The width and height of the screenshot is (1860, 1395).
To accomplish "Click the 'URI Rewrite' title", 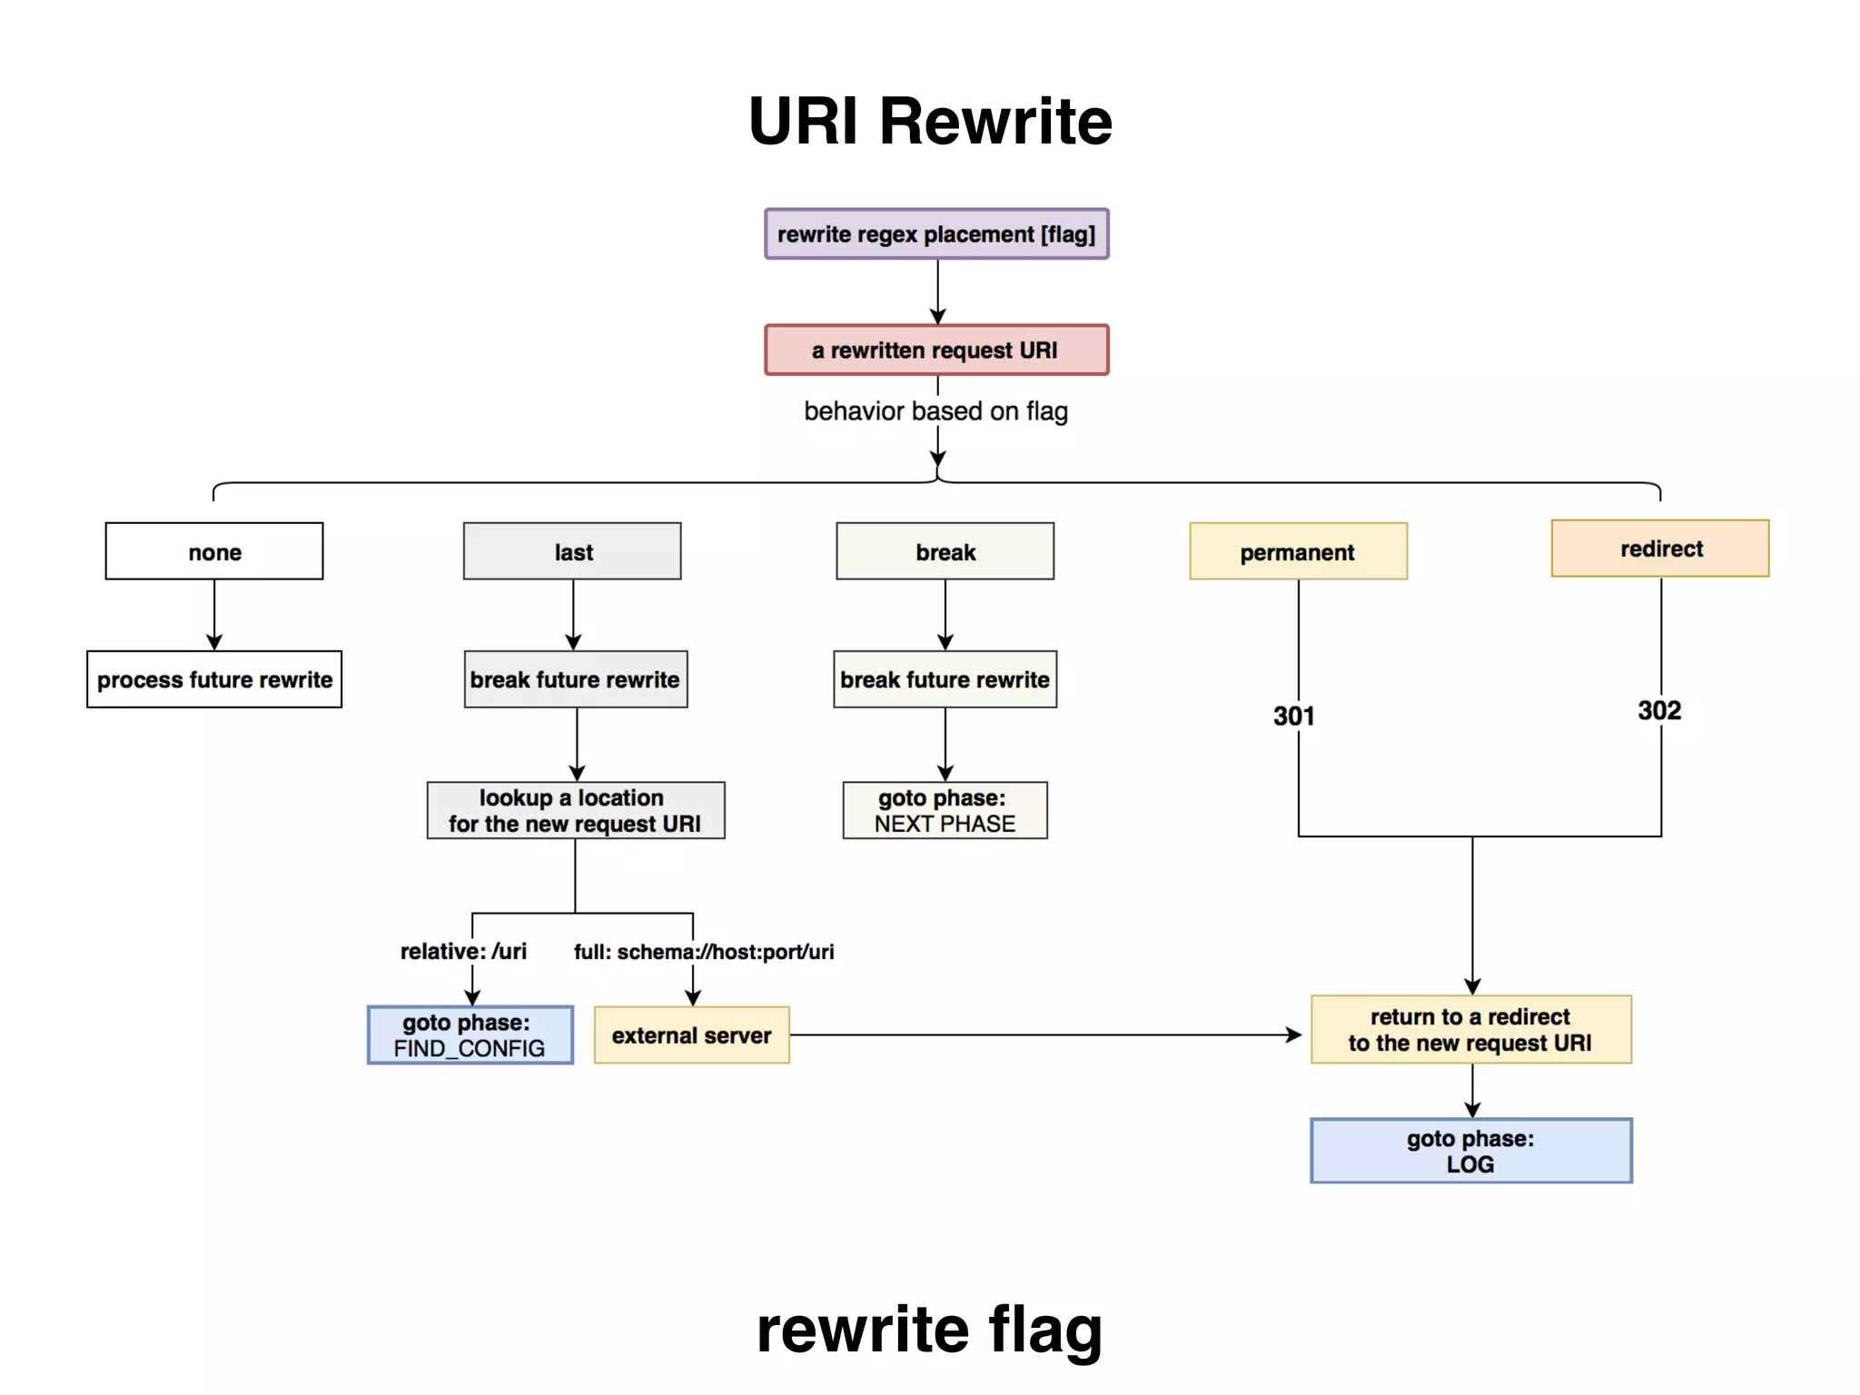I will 930,121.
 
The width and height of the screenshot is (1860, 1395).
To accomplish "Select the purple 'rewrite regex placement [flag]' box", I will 936,234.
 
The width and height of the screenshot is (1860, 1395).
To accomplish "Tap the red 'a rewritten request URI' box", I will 936,350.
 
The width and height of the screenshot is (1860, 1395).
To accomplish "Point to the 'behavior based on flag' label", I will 935,411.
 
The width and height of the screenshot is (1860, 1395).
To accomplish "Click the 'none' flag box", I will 214,551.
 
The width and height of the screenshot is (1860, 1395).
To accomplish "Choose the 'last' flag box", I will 572,551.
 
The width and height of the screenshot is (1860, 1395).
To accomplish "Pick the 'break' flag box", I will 945,551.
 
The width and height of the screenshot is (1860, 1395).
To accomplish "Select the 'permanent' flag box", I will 1298,551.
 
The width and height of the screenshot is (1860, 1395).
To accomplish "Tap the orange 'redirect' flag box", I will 1660,549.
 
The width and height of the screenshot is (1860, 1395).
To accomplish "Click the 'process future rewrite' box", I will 214,679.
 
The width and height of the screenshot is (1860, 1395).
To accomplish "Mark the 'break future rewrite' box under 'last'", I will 576,679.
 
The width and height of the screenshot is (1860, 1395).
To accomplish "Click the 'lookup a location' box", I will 576,810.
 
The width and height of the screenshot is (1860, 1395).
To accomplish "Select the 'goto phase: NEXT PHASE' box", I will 945,810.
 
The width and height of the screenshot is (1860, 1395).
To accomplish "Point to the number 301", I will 1293,717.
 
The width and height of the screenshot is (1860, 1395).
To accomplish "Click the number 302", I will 1659,711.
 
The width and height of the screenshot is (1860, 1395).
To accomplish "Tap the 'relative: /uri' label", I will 463,952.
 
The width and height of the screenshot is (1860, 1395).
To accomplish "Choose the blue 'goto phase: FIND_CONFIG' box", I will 470,1035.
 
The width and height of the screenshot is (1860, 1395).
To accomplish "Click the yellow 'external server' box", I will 691,1035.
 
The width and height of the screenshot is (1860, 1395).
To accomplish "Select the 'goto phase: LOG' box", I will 1470,1151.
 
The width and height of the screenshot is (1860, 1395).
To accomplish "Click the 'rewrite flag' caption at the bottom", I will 930,1330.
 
